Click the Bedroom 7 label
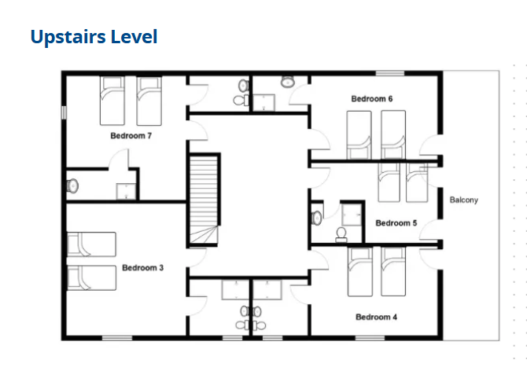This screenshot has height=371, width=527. (131, 136)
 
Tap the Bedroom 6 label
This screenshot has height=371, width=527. (372, 99)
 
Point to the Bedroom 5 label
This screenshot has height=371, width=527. (396, 223)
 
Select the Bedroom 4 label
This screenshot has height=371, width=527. (376, 317)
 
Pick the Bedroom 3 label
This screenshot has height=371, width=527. (142, 267)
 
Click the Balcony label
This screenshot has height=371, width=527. (464, 200)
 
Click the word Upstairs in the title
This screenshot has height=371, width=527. (68, 37)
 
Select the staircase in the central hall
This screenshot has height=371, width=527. (204, 200)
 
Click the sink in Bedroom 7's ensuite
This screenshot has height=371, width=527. (72, 185)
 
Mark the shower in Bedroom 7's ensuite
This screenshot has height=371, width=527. (126, 191)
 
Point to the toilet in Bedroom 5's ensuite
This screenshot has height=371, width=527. (341, 234)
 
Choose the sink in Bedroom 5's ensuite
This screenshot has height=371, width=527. (317, 218)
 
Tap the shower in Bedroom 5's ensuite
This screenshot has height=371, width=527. (352, 215)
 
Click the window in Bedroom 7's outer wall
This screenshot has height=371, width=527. (64, 112)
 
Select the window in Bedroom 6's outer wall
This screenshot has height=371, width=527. (390, 73)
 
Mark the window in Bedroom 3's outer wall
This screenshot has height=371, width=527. (117, 338)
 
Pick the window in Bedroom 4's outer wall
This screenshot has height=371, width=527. (370, 338)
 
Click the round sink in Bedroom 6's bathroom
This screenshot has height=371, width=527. (288, 81)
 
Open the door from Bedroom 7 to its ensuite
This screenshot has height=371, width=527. (118, 159)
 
